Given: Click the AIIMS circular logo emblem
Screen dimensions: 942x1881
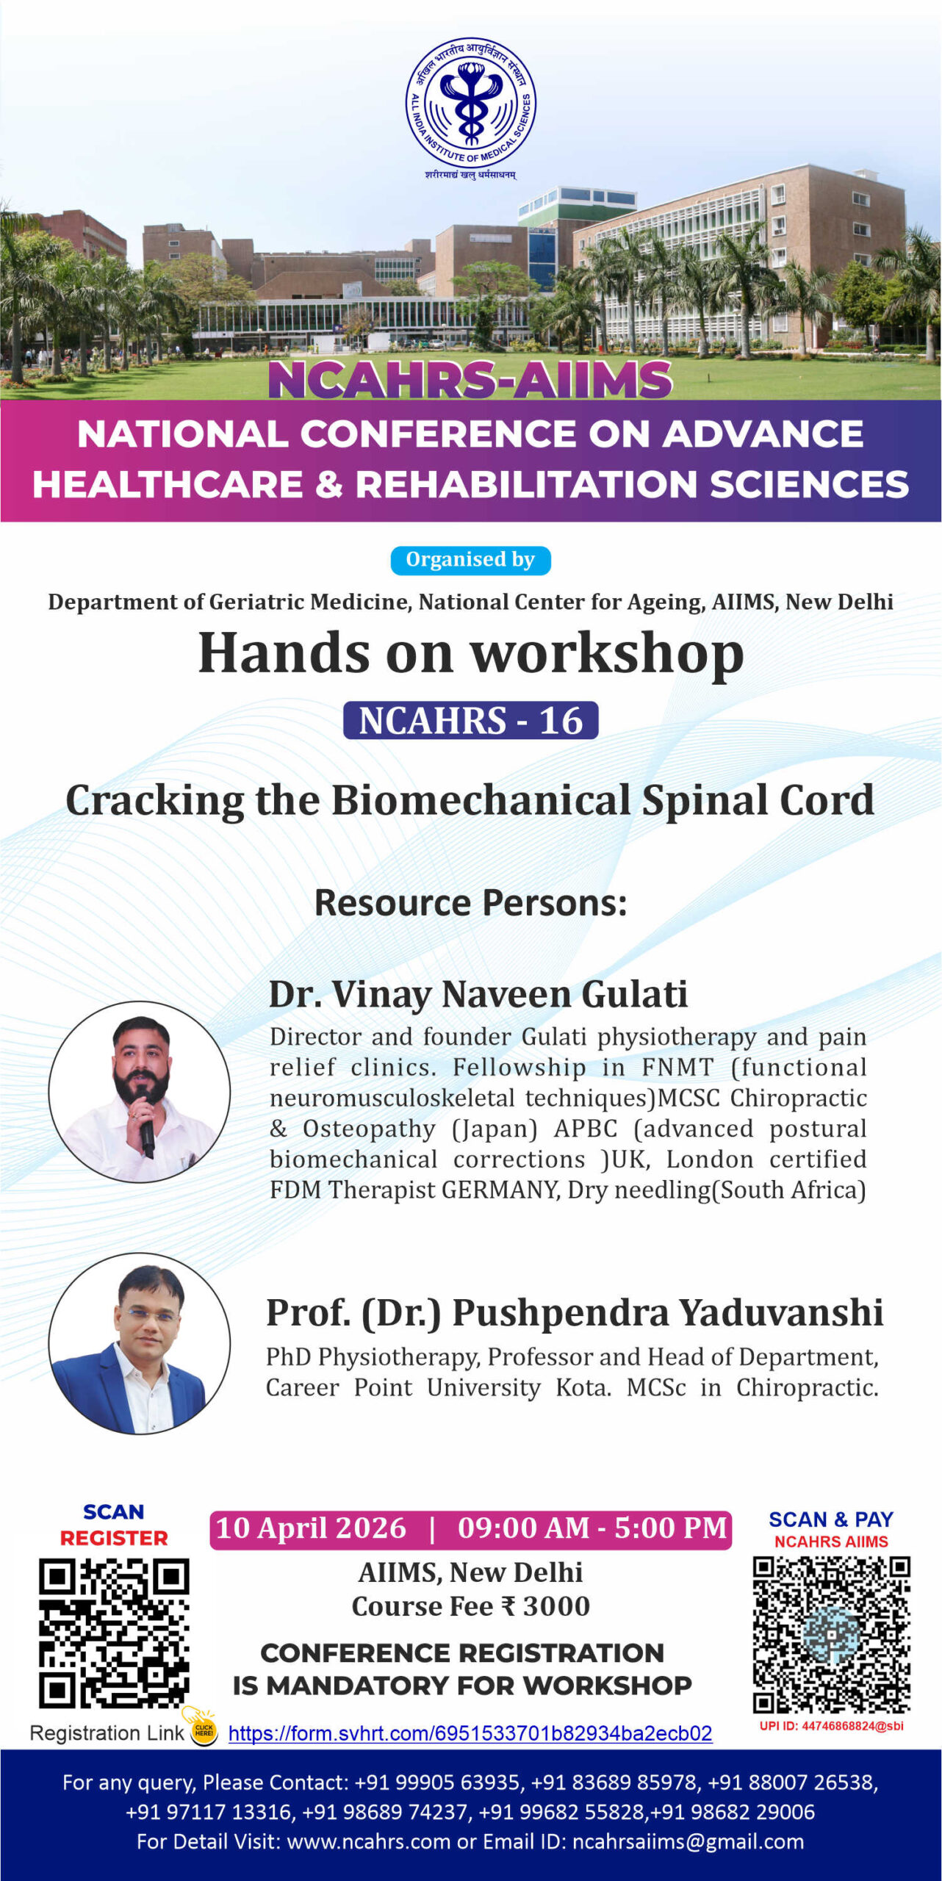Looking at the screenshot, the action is click(471, 104).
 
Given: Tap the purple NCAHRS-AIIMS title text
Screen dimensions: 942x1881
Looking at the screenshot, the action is click(470, 379).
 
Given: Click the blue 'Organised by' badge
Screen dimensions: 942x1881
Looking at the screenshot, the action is click(470, 560).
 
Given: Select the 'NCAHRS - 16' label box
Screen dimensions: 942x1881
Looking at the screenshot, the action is click(470, 720).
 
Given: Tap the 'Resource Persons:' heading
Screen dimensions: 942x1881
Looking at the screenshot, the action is click(471, 903).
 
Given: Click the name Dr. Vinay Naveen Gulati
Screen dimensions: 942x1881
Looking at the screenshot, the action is click(478, 995).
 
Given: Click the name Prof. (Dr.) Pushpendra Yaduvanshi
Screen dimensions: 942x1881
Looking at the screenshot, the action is click(575, 1313).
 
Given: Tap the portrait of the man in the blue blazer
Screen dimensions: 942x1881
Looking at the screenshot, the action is click(140, 1344).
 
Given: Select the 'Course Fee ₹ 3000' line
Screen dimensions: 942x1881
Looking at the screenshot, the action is click(471, 1607).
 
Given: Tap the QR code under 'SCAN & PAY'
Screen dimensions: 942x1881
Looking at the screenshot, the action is click(831, 1633).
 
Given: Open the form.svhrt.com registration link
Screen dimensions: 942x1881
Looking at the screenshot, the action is click(470, 1733).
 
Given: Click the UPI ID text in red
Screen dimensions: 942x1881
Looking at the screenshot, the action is click(831, 1725).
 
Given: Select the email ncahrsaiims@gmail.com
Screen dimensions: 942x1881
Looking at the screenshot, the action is click(688, 1841).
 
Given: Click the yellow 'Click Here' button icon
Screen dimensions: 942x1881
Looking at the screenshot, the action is click(204, 1730).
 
